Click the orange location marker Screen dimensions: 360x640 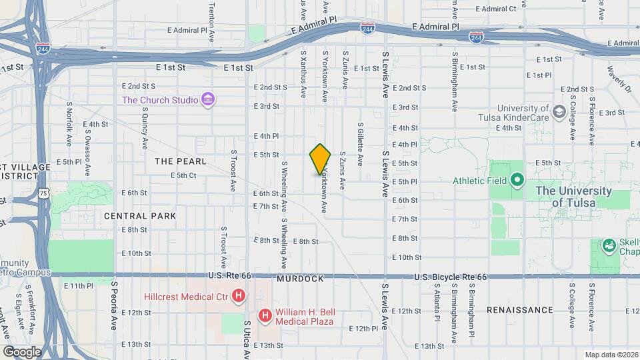coord(320,159)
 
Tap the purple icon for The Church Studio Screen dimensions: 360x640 coord(209,100)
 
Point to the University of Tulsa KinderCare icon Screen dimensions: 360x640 coord(558,109)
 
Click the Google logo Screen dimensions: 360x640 coord(22,351)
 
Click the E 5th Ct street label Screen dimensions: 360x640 coord(183,175)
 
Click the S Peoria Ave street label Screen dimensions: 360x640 coord(114,300)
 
